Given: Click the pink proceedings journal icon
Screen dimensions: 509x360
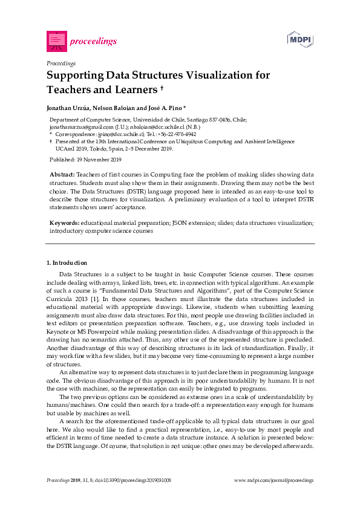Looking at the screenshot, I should click(x=56, y=41).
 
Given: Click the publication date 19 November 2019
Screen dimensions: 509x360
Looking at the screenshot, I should click(x=98, y=160).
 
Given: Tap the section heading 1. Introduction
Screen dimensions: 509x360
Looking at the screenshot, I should click(x=67, y=263).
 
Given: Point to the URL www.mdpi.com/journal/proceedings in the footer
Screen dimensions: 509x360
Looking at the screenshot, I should click(x=273, y=480).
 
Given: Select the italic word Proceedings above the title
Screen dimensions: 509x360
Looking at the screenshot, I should click(x=61, y=63).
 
